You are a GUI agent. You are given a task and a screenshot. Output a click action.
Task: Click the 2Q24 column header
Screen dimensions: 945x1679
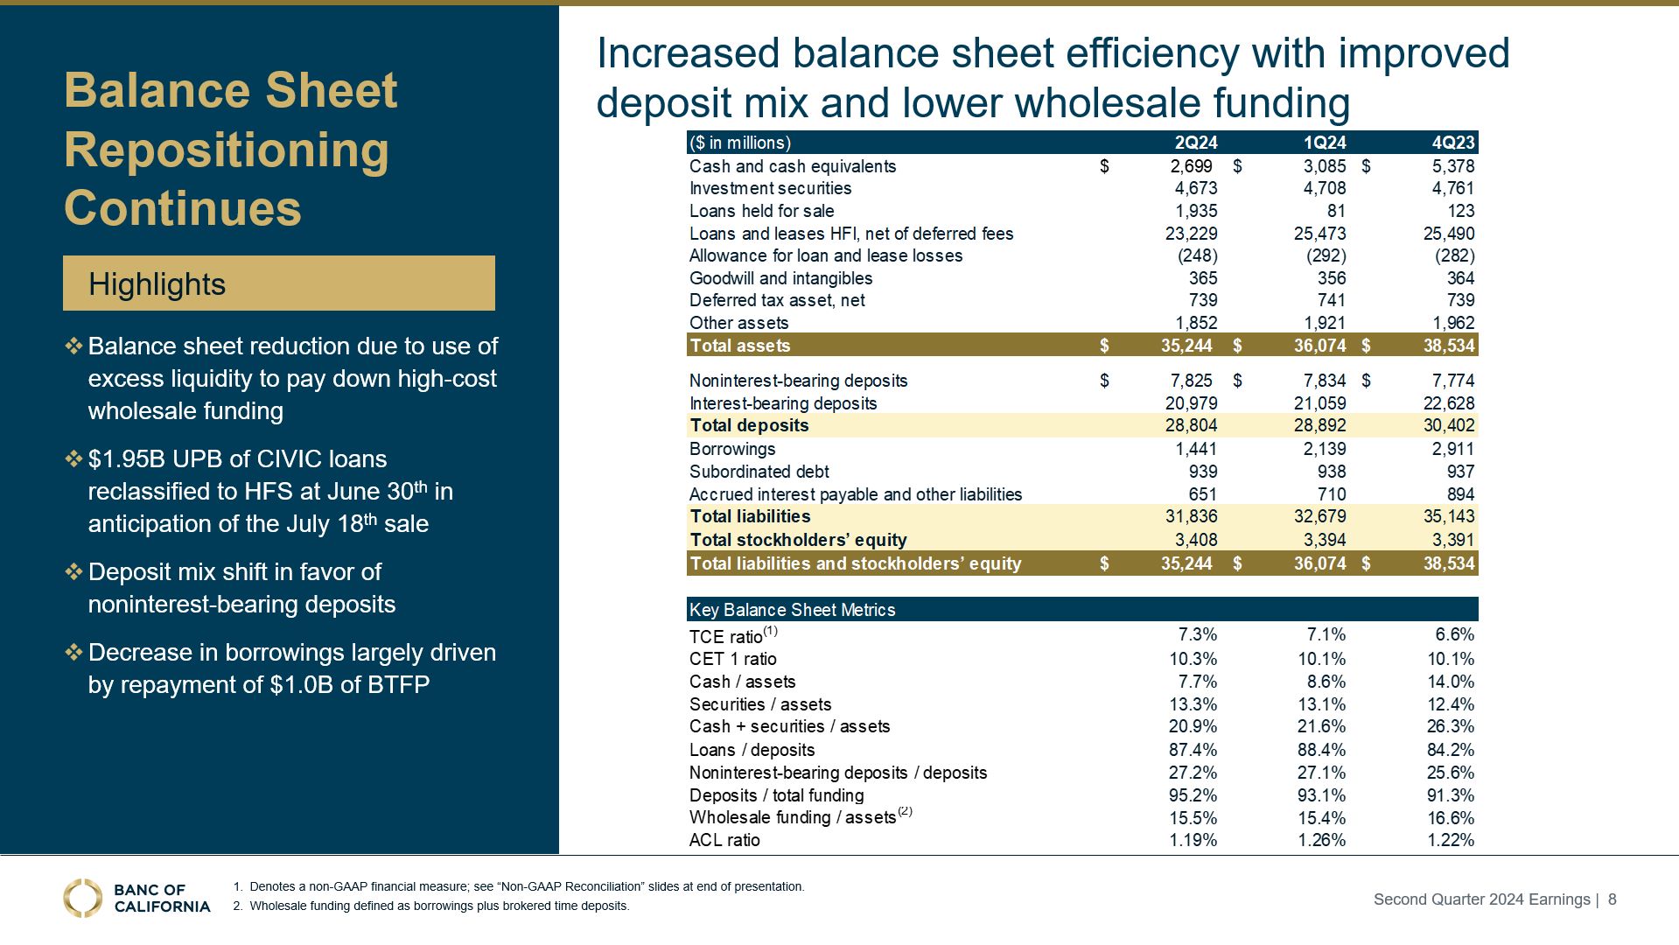1195,143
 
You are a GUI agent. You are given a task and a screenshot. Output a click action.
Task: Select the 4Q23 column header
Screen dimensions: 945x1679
1452,143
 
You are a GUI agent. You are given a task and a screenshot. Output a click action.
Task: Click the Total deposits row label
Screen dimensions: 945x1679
749,425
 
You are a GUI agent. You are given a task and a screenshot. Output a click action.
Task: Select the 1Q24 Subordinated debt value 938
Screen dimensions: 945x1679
1330,472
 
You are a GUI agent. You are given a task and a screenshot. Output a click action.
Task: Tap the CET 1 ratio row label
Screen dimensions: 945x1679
732,659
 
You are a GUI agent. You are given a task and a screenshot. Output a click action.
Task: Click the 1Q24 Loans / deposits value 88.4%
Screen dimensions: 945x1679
1321,750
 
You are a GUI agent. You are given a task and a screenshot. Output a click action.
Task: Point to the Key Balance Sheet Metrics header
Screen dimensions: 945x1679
792,610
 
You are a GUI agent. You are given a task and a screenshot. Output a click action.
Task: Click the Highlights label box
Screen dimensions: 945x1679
278,283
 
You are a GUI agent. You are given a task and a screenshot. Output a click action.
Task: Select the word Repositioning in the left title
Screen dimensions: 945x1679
227,150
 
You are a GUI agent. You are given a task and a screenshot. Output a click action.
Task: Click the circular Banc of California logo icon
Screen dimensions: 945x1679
82,898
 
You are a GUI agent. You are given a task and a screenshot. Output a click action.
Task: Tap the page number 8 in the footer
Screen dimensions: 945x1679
1613,899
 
